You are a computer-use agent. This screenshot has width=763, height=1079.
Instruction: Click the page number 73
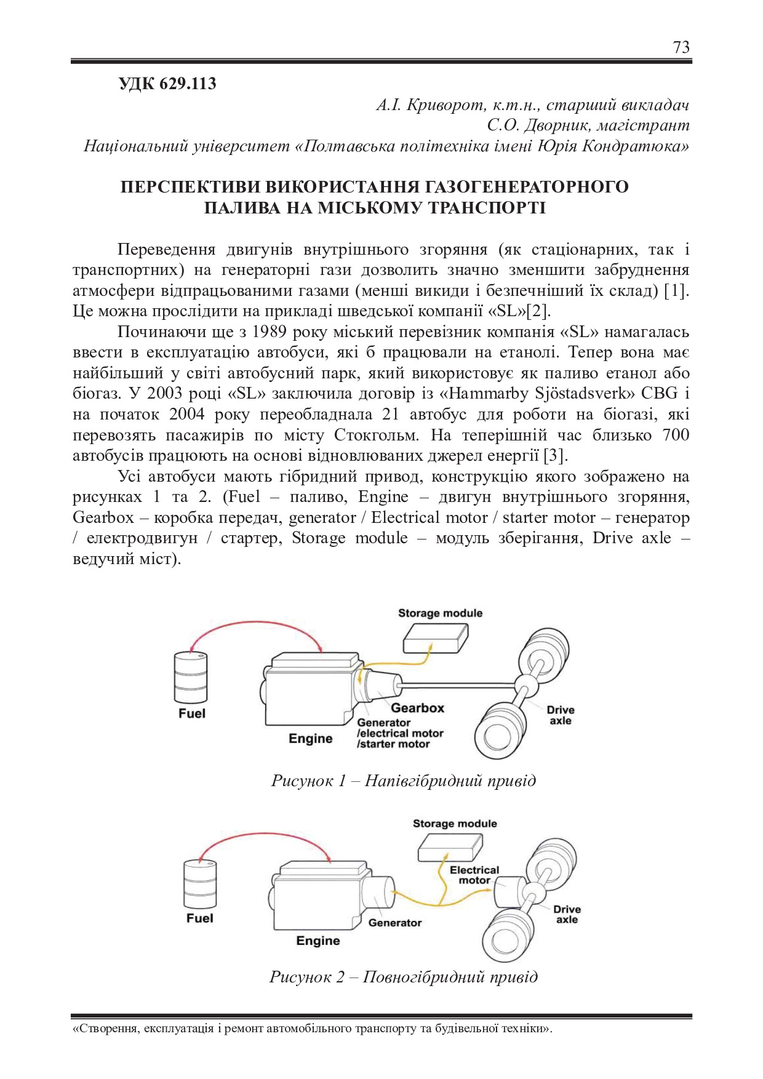[x=681, y=47]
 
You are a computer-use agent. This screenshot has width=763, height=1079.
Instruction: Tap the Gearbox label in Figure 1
[x=417, y=708]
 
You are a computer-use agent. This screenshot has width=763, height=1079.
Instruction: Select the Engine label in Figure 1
[x=310, y=739]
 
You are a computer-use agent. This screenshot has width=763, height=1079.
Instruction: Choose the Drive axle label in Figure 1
[x=560, y=715]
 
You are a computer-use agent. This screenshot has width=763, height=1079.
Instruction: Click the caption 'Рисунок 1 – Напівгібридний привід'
[x=404, y=781]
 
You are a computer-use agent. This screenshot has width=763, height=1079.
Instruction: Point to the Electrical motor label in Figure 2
[x=474, y=875]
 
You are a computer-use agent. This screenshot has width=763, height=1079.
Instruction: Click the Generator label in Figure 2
[x=394, y=923]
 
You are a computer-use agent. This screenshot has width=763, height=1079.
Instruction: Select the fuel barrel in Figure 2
[x=201, y=883]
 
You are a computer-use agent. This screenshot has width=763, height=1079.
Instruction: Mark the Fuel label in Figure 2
[x=199, y=918]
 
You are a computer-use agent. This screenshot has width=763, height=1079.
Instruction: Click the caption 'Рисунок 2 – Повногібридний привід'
[x=404, y=977]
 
